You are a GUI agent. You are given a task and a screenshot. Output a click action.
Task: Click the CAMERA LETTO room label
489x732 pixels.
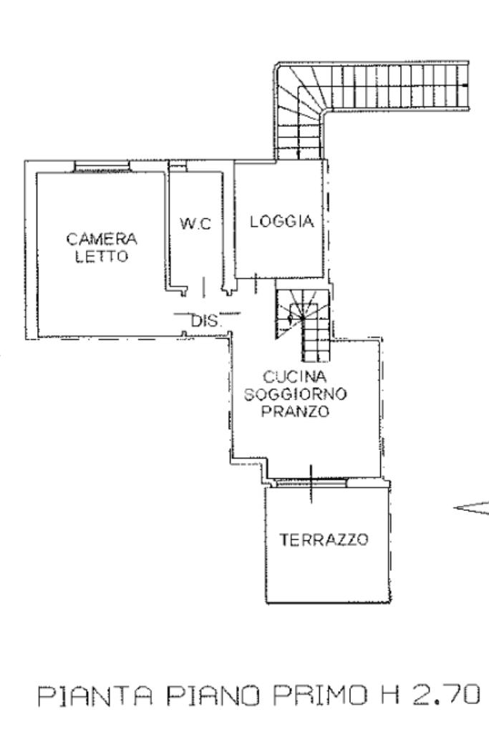[102, 246]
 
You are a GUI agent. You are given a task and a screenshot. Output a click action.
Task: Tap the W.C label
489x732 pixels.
[195, 224]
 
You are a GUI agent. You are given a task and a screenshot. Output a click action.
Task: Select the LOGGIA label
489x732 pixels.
[281, 222]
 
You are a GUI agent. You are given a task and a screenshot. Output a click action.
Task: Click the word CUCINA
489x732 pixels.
[294, 376]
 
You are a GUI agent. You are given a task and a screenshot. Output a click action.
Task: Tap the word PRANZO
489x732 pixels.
[294, 411]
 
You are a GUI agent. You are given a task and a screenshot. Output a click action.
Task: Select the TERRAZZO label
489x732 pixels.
[324, 540]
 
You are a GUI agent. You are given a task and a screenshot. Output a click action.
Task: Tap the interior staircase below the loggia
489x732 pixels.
[302, 321]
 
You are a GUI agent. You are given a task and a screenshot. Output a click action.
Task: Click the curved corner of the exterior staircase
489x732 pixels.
[298, 94]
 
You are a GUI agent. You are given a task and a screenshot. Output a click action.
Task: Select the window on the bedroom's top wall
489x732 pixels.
[102, 167]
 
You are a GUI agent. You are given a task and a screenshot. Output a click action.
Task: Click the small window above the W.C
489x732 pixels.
[178, 167]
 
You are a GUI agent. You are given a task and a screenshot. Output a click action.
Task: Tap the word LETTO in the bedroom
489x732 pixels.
[102, 255]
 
